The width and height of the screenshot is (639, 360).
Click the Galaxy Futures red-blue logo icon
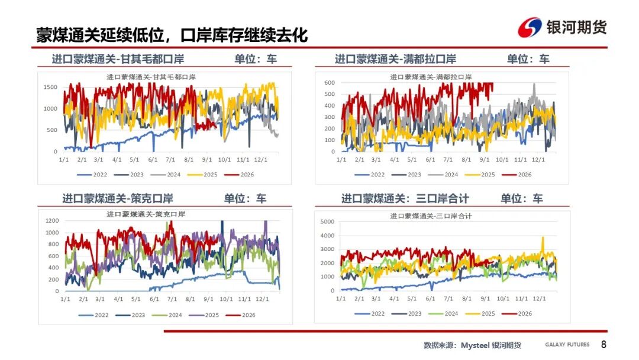click(x=530, y=27)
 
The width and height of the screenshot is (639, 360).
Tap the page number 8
click(x=603, y=345)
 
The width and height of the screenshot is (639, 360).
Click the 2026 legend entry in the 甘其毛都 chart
click(x=239, y=175)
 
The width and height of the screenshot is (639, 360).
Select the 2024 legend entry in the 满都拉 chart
click(x=443, y=175)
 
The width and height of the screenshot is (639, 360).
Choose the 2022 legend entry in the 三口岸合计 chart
click(x=370, y=314)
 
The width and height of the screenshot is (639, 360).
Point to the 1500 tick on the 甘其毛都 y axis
click(x=50, y=87)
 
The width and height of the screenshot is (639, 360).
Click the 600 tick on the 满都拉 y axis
click(x=330, y=83)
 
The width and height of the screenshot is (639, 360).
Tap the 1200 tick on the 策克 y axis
click(x=52, y=221)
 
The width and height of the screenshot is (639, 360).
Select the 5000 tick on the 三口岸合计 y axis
click(x=328, y=222)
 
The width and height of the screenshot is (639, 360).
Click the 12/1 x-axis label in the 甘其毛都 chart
click(x=261, y=159)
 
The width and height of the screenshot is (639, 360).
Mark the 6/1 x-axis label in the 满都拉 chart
click(x=430, y=159)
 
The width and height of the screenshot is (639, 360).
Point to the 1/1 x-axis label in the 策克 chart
click(x=65, y=299)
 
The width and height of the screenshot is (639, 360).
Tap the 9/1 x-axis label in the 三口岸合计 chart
click(x=485, y=298)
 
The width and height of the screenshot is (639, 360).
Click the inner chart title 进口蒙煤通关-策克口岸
click(x=146, y=214)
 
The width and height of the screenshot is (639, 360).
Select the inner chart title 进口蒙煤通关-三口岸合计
click(x=431, y=216)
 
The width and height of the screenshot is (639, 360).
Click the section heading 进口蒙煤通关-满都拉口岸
click(x=395, y=59)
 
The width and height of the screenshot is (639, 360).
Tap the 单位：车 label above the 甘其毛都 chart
click(x=256, y=59)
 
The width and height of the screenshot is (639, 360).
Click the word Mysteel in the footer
click(x=475, y=345)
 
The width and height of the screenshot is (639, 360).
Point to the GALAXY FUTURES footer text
click(x=567, y=345)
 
